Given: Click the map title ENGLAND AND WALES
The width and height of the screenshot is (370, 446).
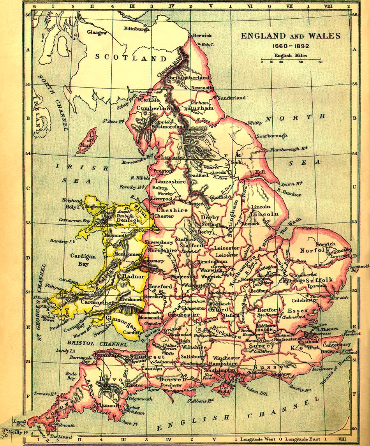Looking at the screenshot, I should pyautogui.click(x=291, y=36).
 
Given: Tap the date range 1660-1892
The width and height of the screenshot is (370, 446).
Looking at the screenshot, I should pyautogui.click(x=291, y=46).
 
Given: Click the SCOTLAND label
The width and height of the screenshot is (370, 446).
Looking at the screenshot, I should pyautogui.click(x=131, y=58).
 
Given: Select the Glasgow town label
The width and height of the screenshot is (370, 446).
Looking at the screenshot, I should pyautogui.click(x=97, y=33).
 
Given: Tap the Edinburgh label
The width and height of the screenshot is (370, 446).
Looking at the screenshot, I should pyautogui.click(x=136, y=29).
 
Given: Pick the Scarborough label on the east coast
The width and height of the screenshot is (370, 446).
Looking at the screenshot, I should pyautogui.click(x=272, y=136).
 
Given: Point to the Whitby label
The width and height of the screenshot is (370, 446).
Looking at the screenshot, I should pyautogui.click(x=255, y=123).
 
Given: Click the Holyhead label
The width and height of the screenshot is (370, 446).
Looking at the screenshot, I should pyautogui.click(x=73, y=200).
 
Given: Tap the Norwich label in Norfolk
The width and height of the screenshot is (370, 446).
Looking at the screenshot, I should pyautogui.click(x=326, y=244).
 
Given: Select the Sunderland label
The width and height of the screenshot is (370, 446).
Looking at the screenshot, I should pyautogui.click(x=231, y=98).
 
